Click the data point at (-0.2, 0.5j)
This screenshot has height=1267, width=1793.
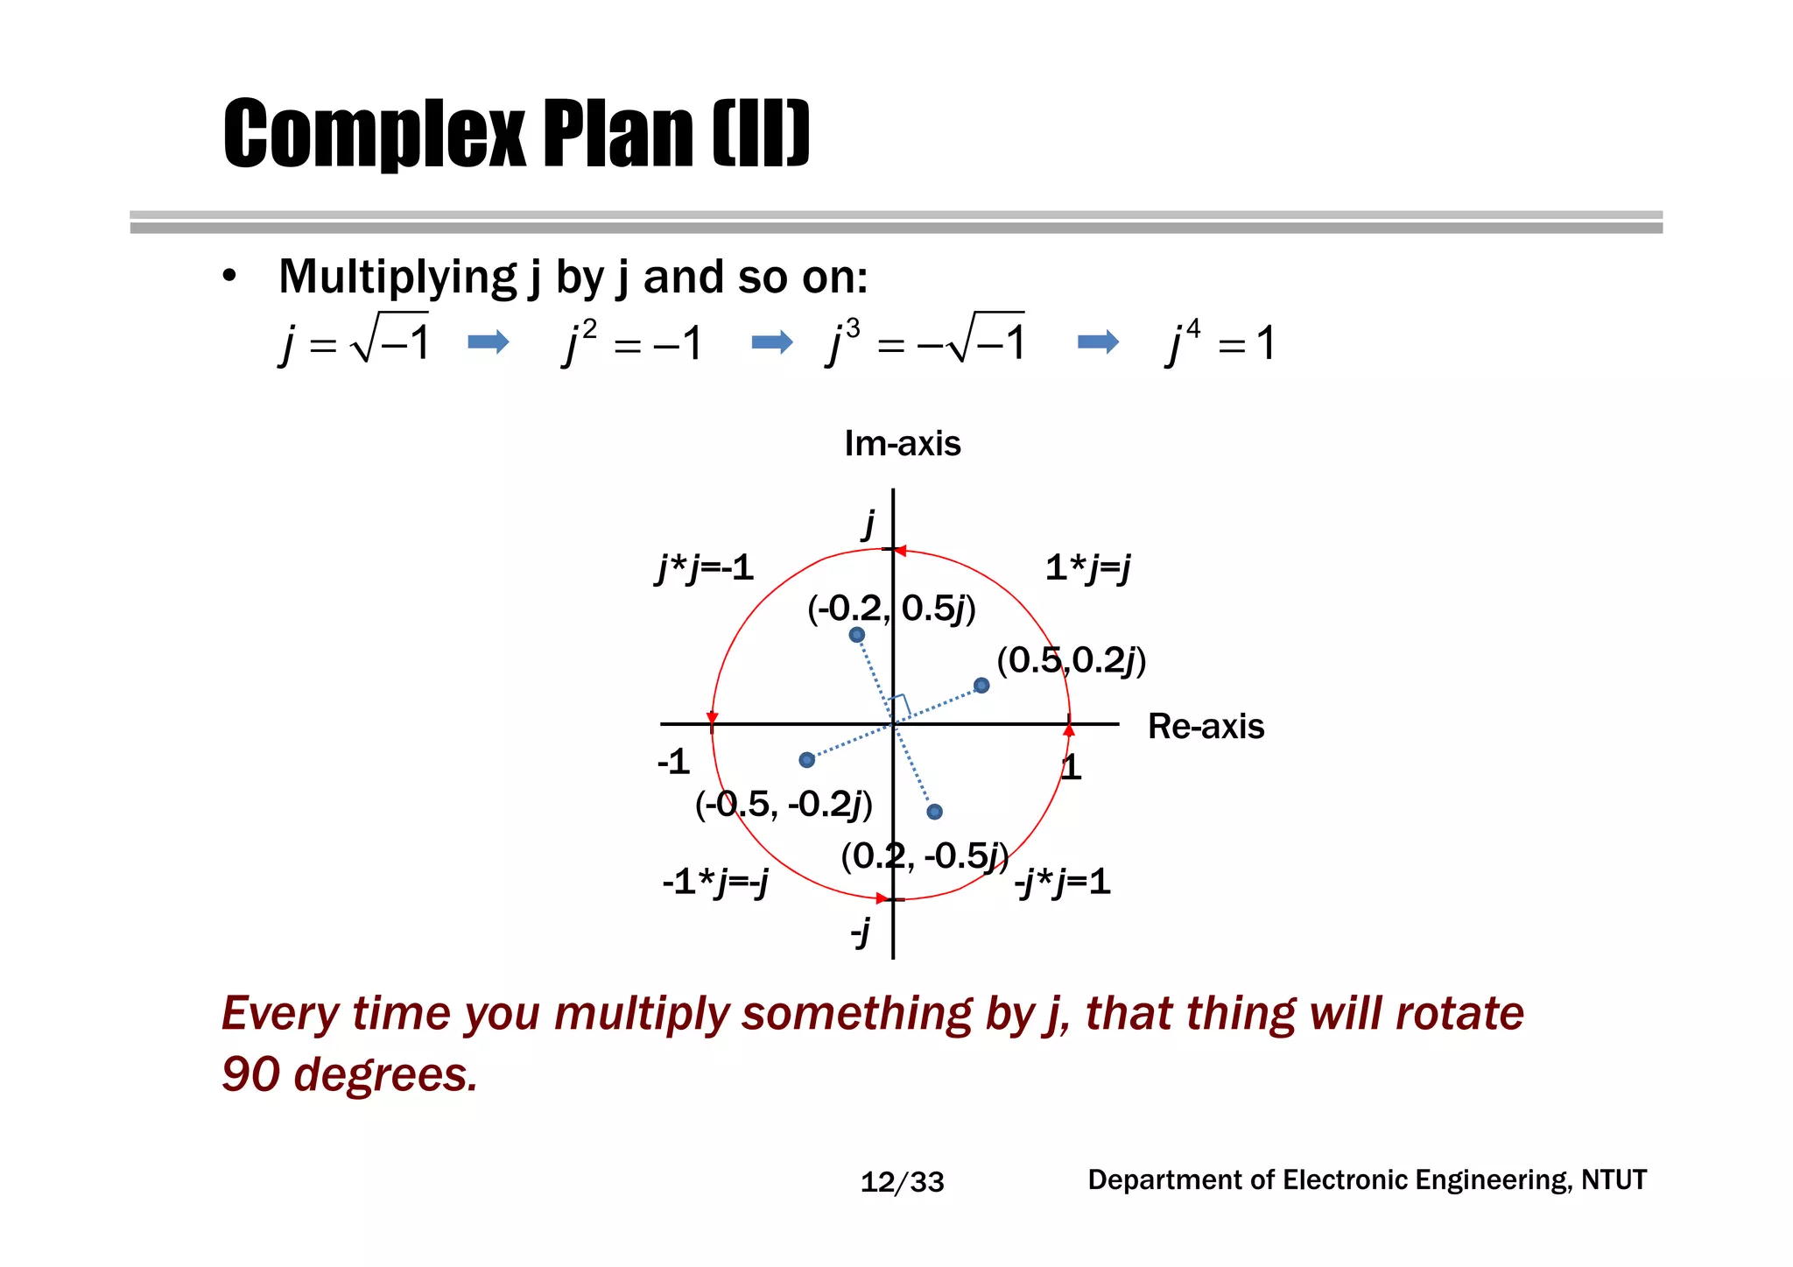pyautogui.click(x=857, y=635)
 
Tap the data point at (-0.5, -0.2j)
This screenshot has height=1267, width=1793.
pyautogui.click(x=807, y=760)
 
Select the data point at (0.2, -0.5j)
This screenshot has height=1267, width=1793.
pyautogui.click(x=935, y=812)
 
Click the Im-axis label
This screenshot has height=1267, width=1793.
pyautogui.click(x=903, y=444)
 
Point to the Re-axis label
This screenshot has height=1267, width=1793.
pyautogui.click(x=1206, y=727)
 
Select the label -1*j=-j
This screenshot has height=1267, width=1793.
pyautogui.click(x=715, y=882)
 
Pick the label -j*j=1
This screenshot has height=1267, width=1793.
pyautogui.click(x=1063, y=882)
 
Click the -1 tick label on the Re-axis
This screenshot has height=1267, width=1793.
pyautogui.click(x=673, y=762)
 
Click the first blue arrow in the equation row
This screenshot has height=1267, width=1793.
pyautogui.click(x=488, y=341)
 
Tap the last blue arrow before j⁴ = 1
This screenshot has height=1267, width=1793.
pyautogui.click(x=1098, y=341)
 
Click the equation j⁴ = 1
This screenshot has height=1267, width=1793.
pyautogui.click(x=1220, y=342)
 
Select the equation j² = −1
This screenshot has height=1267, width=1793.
pyautogui.click(x=631, y=342)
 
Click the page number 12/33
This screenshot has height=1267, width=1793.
pyautogui.click(x=902, y=1182)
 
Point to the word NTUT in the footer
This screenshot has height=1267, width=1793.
pyautogui.click(x=1614, y=1180)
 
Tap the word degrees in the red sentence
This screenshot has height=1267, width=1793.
pyautogui.click(x=385, y=1074)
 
